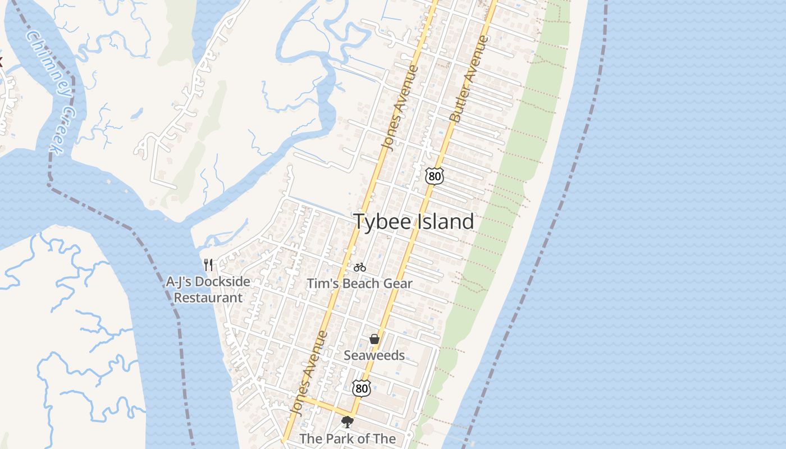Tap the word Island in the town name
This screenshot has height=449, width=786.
pyautogui.click(x=445, y=222)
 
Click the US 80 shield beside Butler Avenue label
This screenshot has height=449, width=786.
pyautogui.click(x=434, y=176)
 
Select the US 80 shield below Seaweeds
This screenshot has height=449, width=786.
pyautogui.click(x=362, y=387)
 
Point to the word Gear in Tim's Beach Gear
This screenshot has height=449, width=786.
pyautogui.click(x=397, y=284)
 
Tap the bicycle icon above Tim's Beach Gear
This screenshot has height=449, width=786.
pyautogui.click(x=360, y=267)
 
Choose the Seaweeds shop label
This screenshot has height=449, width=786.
pyautogui.click(x=374, y=355)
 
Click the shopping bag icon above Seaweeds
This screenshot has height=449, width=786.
pyautogui.click(x=374, y=339)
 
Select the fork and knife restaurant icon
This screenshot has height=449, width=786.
pyautogui.click(x=208, y=264)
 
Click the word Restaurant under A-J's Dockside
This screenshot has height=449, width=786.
pyautogui.click(x=208, y=297)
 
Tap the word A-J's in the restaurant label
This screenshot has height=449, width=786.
pyautogui.click(x=179, y=282)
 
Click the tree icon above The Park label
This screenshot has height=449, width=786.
pyautogui.click(x=348, y=422)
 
